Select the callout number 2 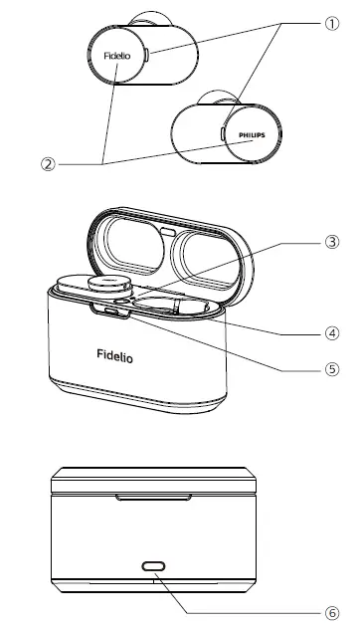point(47,163)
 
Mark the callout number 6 point(332,612)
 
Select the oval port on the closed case point(154,564)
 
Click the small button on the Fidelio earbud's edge point(148,55)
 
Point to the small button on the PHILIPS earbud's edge point(221,130)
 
